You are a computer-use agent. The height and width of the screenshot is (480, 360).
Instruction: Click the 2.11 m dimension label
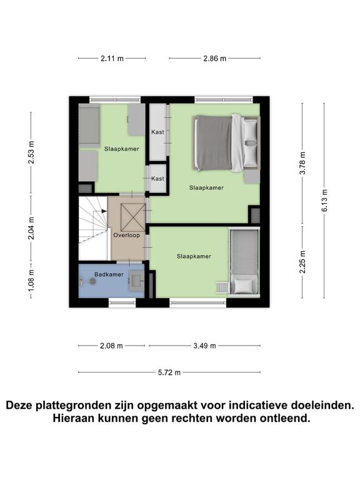coord(112,58)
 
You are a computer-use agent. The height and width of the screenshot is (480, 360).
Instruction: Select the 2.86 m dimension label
coord(215,58)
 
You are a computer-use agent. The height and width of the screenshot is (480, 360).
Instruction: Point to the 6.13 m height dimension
coord(324,200)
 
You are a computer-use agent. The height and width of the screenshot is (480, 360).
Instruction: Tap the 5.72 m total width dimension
coord(169,372)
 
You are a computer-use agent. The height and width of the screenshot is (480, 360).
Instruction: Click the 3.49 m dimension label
coord(204,346)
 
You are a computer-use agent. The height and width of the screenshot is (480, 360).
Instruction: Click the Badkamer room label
coord(109,274)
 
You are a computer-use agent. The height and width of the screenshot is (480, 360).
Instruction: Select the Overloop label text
coord(126,235)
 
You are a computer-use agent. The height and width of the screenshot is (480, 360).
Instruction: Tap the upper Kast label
coord(157,132)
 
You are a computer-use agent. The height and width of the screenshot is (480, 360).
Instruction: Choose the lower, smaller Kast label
coord(157,179)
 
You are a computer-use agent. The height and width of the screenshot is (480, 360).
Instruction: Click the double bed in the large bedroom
coord(226,142)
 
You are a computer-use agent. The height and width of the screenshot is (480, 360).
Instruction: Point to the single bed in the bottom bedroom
coord(244,262)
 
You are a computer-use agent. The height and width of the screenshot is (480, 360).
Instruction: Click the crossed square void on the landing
coord(133,217)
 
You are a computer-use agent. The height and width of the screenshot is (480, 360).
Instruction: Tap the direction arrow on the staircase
coord(102,211)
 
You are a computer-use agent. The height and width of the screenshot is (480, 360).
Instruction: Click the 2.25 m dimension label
coord(302,262)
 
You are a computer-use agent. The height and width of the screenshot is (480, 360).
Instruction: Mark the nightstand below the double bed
coord(252,177)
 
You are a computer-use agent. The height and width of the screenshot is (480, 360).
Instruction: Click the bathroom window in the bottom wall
coord(122,302)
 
